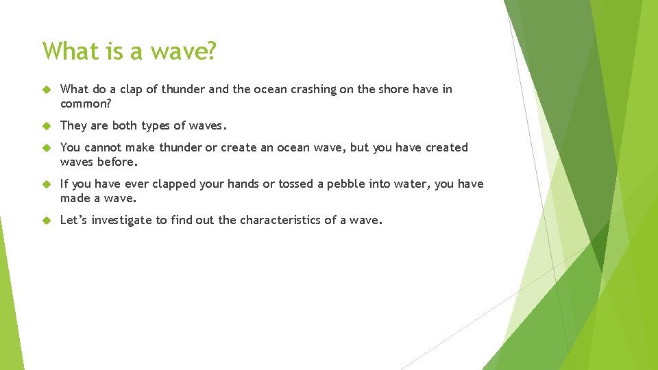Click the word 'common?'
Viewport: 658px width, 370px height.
coord(86,103)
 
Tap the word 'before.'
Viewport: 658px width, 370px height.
coord(119,162)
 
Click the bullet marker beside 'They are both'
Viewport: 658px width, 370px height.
coord(47,126)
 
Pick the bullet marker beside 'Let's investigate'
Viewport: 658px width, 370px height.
coord(47,221)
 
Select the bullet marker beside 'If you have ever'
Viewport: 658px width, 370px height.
coord(47,184)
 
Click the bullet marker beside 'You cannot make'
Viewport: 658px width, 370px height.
coord(47,148)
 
